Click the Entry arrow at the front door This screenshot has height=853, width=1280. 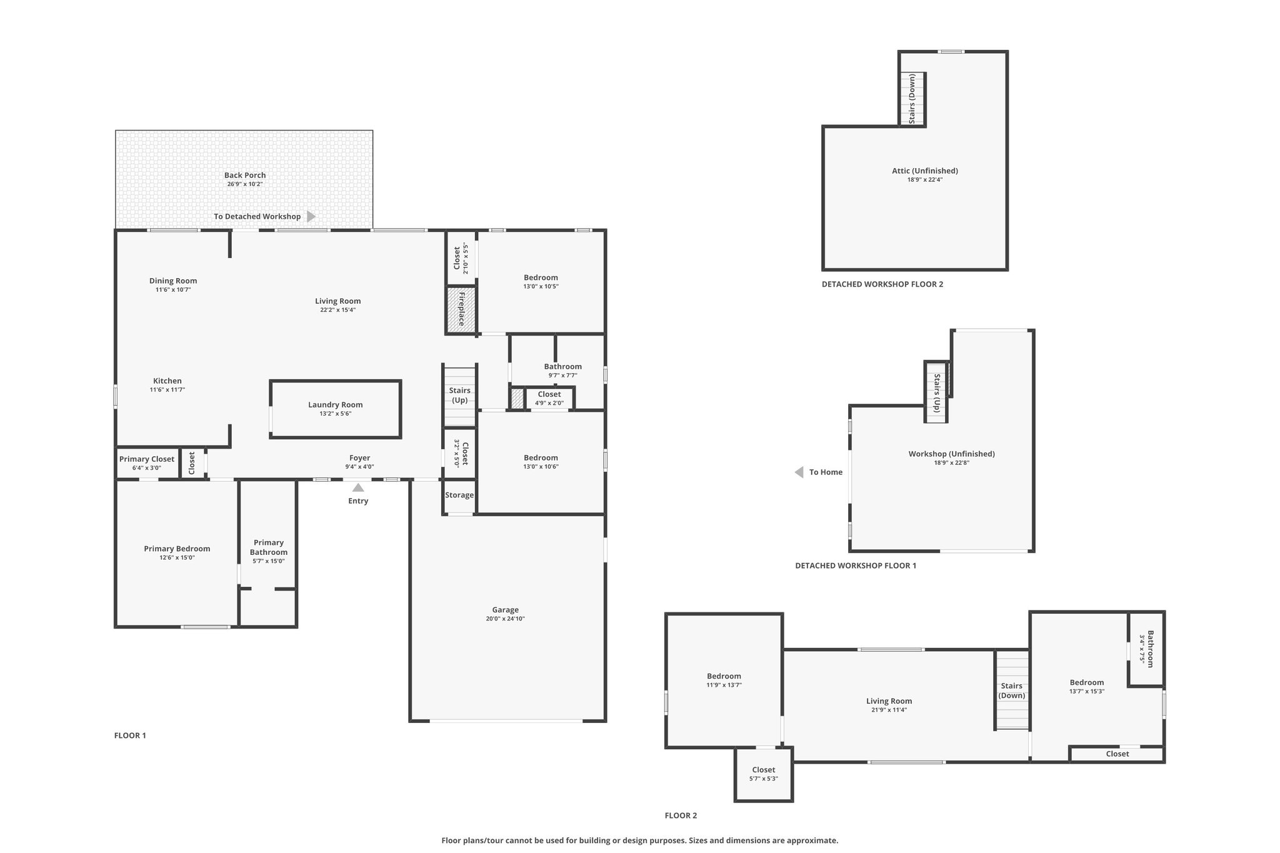(x=358, y=487)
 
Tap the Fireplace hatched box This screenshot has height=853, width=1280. (x=461, y=309)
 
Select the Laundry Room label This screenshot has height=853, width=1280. (x=336, y=405)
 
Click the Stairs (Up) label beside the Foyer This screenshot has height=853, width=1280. (x=460, y=396)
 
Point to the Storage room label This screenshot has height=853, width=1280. (x=459, y=495)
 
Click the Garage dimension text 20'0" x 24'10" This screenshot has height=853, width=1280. (x=506, y=619)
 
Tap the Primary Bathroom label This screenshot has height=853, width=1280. (x=269, y=547)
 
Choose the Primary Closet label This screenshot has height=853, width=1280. (x=147, y=459)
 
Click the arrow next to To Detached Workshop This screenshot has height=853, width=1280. (x=311, y=216)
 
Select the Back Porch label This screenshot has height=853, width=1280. (x=246, y=176)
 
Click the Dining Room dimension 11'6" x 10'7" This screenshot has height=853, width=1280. (x=173, y=290)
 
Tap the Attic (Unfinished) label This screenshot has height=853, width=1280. (x=925, y=171)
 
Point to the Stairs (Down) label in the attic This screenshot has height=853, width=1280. (x=912, y=99)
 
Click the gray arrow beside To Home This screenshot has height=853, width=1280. (x=799, y=472)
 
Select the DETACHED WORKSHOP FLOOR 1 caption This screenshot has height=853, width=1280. (x=856, y=566)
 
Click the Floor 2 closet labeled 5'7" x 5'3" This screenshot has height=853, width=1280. (x=764, y=774)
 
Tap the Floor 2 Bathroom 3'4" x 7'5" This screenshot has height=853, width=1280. (x=1146, y=649)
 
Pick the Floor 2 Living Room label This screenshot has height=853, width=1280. (x=889, y=701)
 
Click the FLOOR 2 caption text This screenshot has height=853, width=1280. (x=681, y=816)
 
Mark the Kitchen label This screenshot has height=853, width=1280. (x=167, y=381)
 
